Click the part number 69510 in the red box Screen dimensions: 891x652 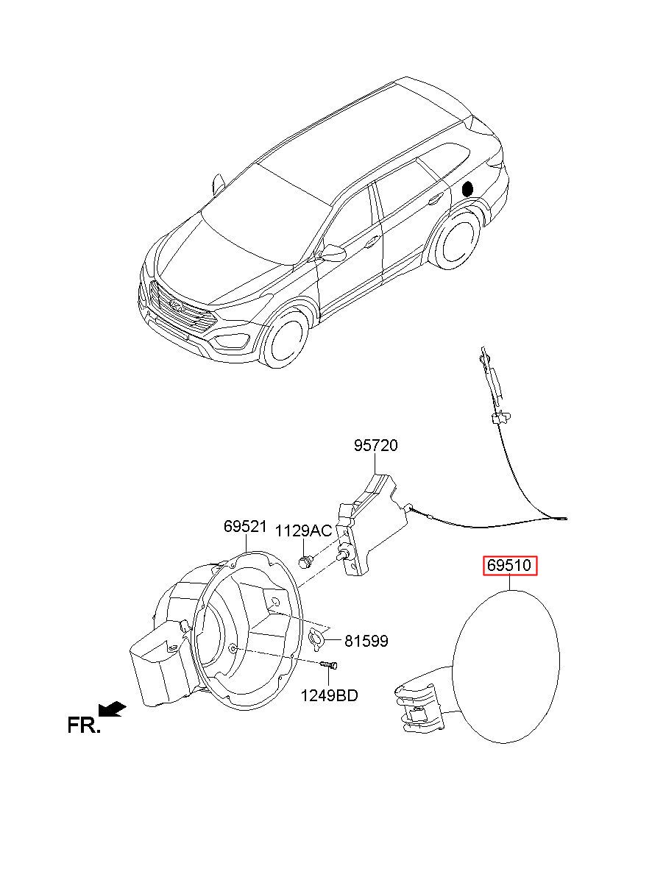click(x=511, y=566)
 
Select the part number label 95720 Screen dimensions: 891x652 click(x=375, y=445)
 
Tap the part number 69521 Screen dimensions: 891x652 click(x=245, y=527)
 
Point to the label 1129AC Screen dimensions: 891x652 click(x=303, y=531)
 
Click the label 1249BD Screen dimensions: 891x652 click(x=329, y=695)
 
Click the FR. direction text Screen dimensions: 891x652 click(x=83, y=725)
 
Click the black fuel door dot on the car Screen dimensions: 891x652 click(x=467, y=188)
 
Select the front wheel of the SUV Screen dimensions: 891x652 click(x=284, y=338)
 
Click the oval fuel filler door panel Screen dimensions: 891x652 click(x=507, y=666)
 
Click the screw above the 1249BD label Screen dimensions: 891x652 click(x=329, y=665)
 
